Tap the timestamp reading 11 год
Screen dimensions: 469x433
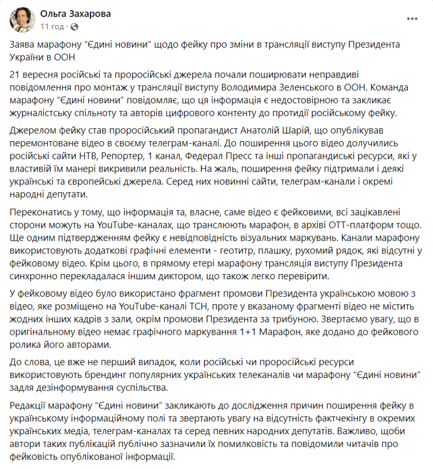click(x=51, y=27)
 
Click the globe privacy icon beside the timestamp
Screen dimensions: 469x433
click(x=75, y=27)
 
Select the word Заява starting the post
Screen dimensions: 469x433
click(x=25, y=46)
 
